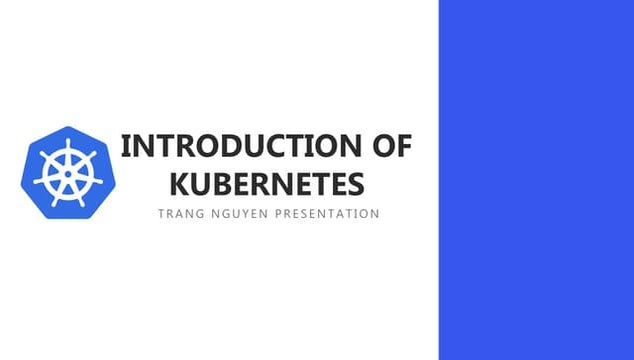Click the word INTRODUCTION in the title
pyautogui.click(x=240, y=146)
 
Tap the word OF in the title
pyautogui.click(x=390, y=146)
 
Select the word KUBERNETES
pyautogui.click(x=266, y=184)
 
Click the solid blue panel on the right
pyautogui.click(x=536, y=180)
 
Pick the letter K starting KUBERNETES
pyautogui.click(x=179, y=184)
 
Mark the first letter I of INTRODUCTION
pyautogui.click(x=125, y=146)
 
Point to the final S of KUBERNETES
pyautogui.click(x=355, y=184)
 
